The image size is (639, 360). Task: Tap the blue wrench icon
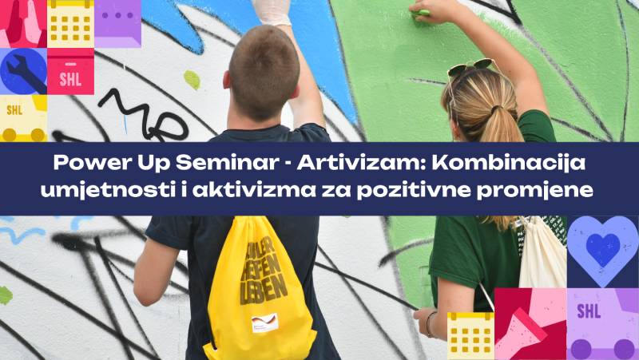click(x=22, y=72)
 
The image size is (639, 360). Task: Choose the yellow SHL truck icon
click(x=22, y=117)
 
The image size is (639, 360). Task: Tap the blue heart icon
click(x=603, y=247)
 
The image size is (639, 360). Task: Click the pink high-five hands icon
click(x=22, y=22)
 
